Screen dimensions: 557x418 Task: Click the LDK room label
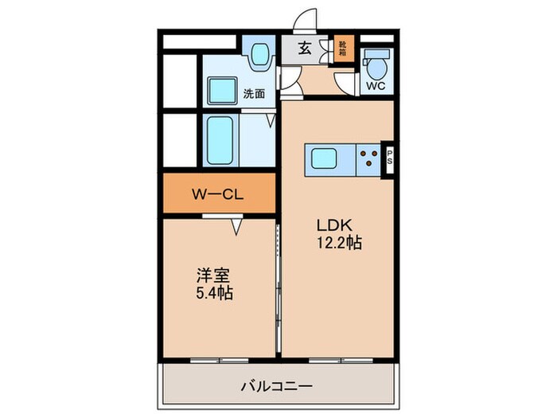334,225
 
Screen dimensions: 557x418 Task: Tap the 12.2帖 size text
339,243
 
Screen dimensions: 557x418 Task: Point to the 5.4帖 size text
215,293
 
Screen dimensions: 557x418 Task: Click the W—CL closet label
218,194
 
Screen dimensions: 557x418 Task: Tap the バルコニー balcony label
277,386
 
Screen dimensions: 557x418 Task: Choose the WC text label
376,86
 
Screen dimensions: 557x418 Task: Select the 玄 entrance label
305,48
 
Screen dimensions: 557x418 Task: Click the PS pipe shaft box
390,159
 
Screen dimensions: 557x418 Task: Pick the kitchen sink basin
324,158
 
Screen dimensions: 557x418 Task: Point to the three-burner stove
368,158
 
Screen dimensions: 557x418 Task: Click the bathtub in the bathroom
220,140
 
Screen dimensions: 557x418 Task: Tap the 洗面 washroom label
254,94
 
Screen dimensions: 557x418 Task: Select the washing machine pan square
222,91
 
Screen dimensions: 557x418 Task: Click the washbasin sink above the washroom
260,54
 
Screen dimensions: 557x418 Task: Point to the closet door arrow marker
236,227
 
